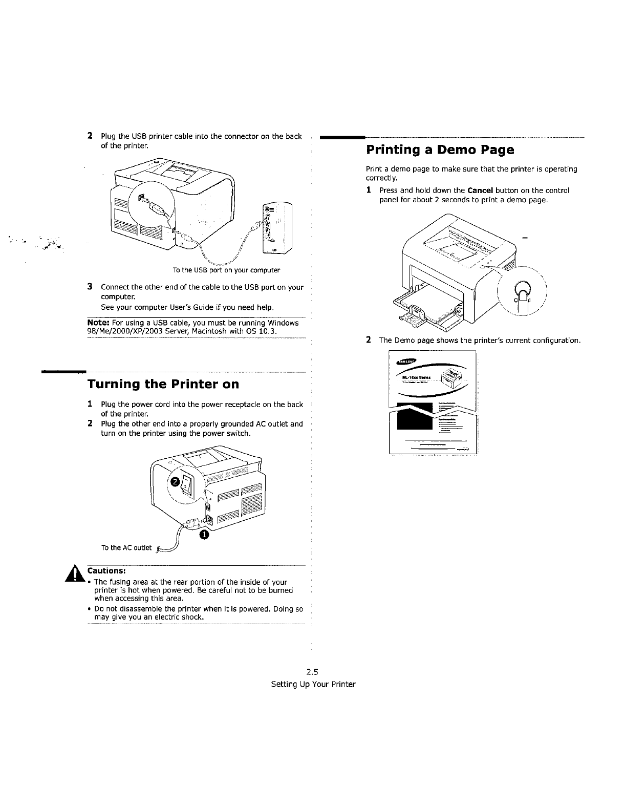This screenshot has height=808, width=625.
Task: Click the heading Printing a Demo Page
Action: [440, 151]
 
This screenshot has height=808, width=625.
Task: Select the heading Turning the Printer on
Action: [163, 384]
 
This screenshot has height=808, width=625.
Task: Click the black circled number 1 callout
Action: [203, 535]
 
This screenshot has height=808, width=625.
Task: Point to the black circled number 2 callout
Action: [175, 482]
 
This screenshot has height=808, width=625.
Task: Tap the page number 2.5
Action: [313, 672]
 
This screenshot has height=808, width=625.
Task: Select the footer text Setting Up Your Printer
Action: [313, 685]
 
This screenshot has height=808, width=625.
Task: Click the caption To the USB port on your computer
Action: [226, 270]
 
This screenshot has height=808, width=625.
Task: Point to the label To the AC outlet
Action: [126, 548]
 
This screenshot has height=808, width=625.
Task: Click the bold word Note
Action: [98, 323]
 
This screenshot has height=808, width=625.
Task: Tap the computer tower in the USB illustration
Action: [277, 227]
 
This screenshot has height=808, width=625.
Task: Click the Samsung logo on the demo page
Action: [406, 362]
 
